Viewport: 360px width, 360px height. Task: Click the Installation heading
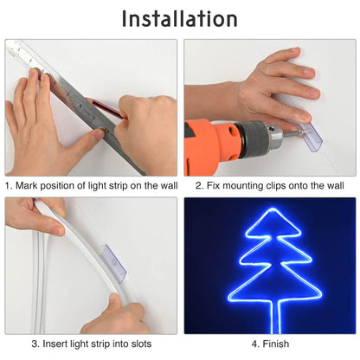click(x=179, y=18)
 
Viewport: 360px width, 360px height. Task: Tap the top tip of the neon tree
click(x=269, y=207)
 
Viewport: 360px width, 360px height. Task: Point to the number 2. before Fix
click(x=200, y=186)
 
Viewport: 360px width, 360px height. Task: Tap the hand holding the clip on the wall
click(x=277, y=87)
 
